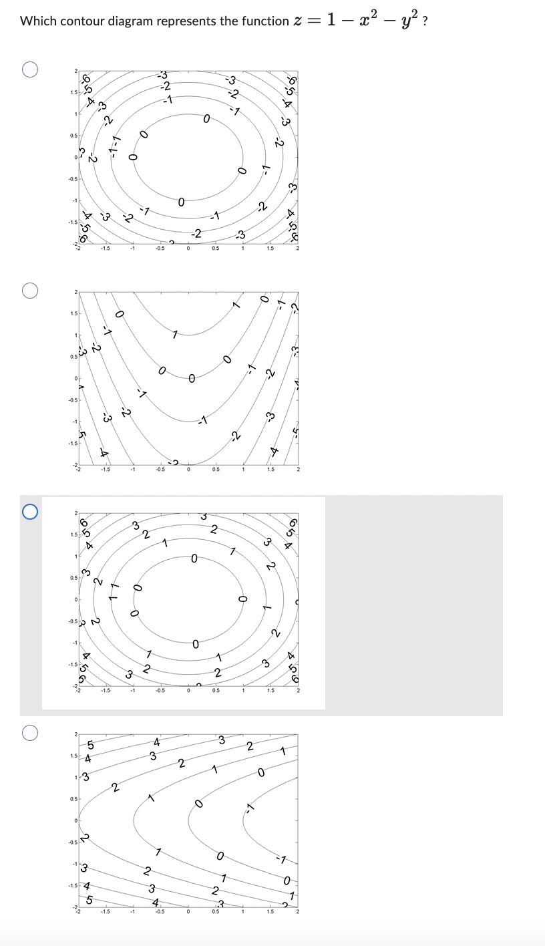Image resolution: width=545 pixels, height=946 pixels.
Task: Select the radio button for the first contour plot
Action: coord(29,69)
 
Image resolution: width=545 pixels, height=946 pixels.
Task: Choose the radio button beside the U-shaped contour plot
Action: coord(29,291)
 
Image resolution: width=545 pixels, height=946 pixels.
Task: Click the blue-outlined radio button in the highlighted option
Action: coord(29,512)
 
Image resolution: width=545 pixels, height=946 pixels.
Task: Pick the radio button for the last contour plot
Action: coord(29,733)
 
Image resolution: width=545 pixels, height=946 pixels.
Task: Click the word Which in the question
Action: coord(38,21)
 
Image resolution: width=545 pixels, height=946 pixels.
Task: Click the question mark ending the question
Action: coord(425,21)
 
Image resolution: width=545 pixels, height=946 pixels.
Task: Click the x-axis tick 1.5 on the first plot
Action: coord(270,249)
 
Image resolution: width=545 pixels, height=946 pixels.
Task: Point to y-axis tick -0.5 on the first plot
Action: coord(72,178)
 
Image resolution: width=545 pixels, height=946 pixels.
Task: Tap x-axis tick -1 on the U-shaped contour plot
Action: coord(133,470)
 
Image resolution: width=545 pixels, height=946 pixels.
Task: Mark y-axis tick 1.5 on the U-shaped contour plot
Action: coord(73,313)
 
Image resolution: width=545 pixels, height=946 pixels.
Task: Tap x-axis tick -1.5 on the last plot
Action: coord(105,912)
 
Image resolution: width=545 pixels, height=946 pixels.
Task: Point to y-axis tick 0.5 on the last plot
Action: coord(73,799)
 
